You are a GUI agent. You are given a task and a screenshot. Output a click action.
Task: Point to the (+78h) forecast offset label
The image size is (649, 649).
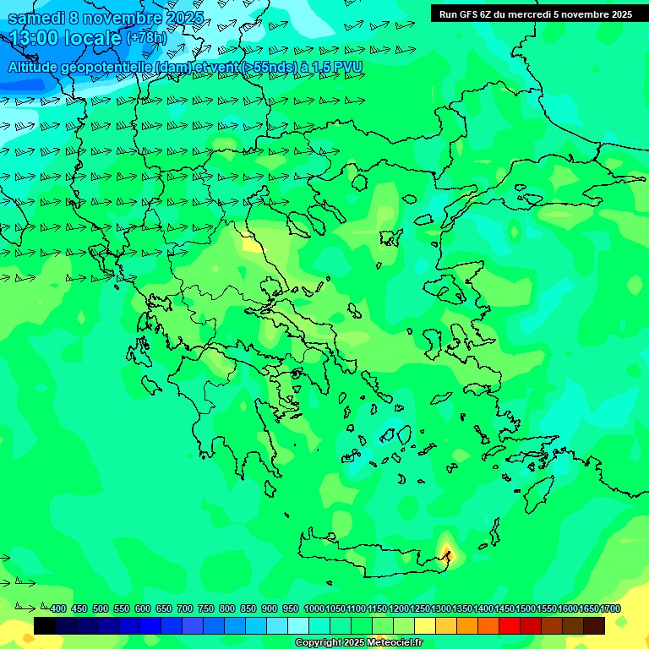coord(146,38)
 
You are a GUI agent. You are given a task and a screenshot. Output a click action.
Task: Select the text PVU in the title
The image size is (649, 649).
coord(348,67)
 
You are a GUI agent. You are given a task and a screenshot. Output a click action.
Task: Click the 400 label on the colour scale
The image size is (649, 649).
coord(58,608)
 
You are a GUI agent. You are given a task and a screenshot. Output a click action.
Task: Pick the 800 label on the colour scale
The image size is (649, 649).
coord(227,608)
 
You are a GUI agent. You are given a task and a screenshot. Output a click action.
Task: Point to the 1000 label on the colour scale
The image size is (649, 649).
coord(314,608)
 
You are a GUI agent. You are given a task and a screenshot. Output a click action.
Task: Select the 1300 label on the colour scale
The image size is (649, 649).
coord(441,608)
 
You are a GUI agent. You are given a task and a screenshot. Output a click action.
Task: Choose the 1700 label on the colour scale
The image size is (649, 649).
coord(610,608)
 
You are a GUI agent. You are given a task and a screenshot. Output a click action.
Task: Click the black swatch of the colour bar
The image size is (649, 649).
coord(45,626)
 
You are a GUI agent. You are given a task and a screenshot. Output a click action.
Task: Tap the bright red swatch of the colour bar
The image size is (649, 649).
coord(510,626)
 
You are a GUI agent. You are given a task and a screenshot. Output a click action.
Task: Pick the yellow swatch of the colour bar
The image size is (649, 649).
coord(425,626)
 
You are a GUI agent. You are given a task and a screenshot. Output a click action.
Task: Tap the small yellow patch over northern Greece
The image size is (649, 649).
coord(251,244)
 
